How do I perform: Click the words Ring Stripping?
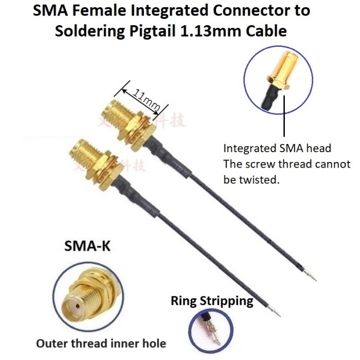click(x=212, y=300)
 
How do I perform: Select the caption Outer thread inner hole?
click(x=101, y=343)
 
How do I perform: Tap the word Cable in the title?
click(x=285, y=30)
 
